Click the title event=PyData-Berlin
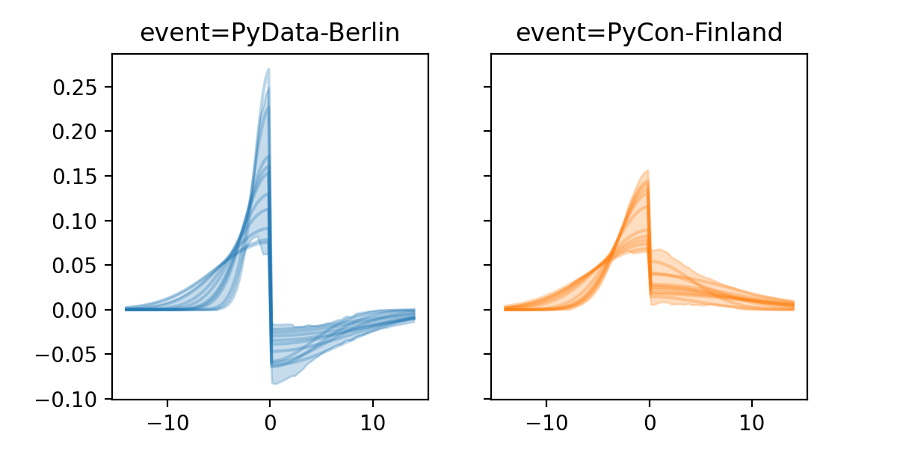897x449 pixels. [x=270, y=34]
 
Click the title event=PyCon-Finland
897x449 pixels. [x=649, y=34]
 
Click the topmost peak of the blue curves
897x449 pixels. [x=268, y=70]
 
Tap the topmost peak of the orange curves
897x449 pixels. [x=647, y=171]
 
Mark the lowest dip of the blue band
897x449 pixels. [x=275, y=383]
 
